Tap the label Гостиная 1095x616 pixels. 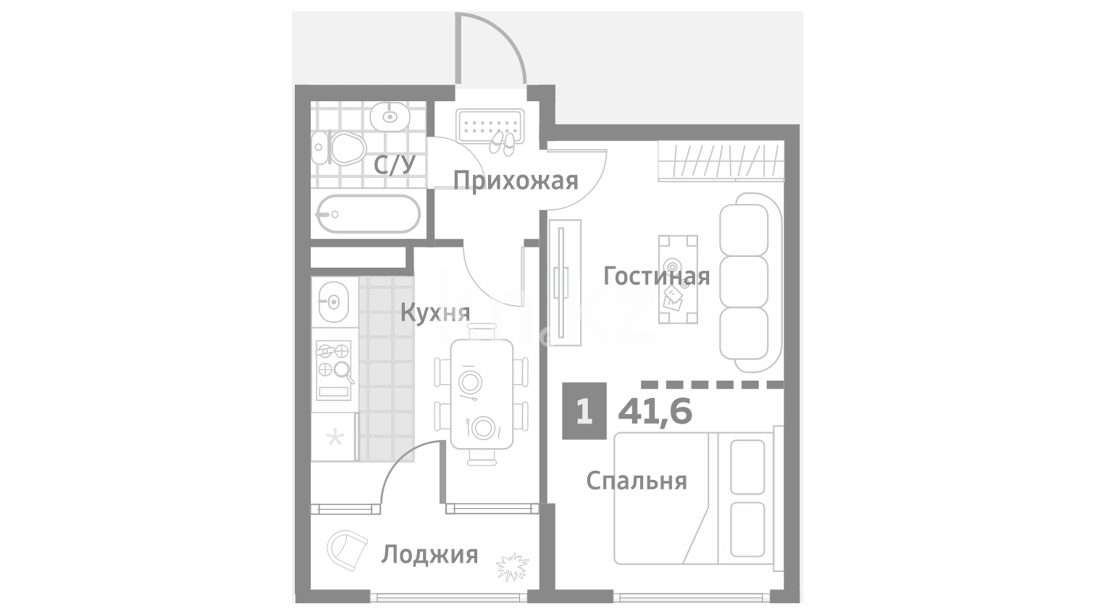pyautogui.click(x=656, y=277)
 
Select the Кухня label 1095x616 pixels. pyautogui.click(x=435, y=313)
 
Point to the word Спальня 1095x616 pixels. pyautogui.click(x=636, y=481)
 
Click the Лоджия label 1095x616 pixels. pyautogui.click(x=429, y=555)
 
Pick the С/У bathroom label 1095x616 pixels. pyautogui.click(x=395, y=165)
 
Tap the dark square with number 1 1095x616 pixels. pyautogui.click(x=584, y=411)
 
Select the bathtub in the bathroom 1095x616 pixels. pyautogui.click(x=368, y=214)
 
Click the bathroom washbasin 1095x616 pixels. pyautogui.click(x=390, y=117)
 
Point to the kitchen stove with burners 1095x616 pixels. pyautogui.click(x=334, y=370)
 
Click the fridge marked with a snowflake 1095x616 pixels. pyautogui.click(x=335, y=437)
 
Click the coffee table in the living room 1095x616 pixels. pyautogui.click(x=678, y=279)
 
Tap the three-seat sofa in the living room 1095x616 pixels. pyautogui.click(x=749, y=282)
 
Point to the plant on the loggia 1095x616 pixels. pyautogui.click(x=513, y=566)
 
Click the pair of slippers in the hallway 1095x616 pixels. pyautogui.click(x=501, y=143)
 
